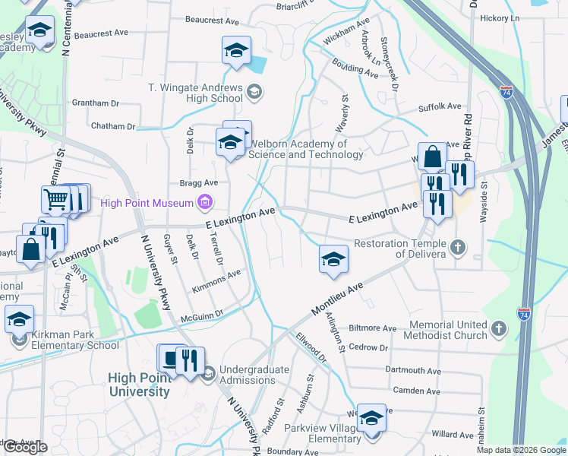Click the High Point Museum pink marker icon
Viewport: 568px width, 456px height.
pyautogui.click(x=204, y=202)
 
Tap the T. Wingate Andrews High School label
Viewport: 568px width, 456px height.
pyautogui.click(x=195, y=93)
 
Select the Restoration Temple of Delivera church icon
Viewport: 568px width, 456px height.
pyautogui.click(x=457, y=247)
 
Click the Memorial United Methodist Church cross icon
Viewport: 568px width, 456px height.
pyautogui.click(x=498, y=328)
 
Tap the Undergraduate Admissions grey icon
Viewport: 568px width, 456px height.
pyautogui.click(x=209, y=372)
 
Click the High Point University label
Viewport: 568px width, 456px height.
pyautogui.click(x=139, y=385)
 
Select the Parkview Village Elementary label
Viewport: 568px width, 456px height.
pyautogui.click(x=323, y=434)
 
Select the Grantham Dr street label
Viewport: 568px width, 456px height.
pyautogui.click(x=96, y=103)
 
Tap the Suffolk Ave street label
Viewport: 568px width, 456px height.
pyautogui.click(x=440, y=107)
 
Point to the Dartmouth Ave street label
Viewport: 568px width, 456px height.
pyautogui.click(x=413, y=370)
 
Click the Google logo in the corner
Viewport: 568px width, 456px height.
pyautogui.click(x=25, y=447)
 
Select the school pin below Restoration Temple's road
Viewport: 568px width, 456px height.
pyautogui.click(x=333, y=258)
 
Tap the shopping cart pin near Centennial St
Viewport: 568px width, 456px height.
pyautogui.click(x=55, y=199)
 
